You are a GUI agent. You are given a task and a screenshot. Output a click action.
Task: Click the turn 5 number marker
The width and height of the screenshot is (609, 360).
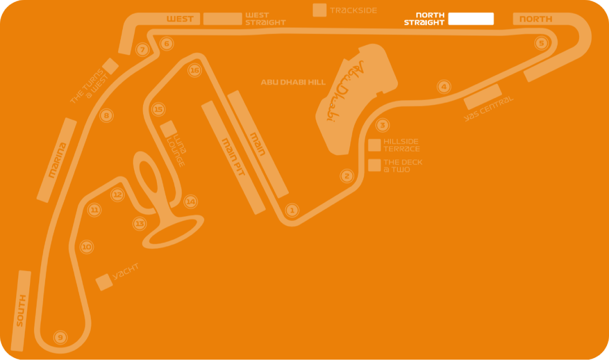pyautogui.click(x=542, y=44)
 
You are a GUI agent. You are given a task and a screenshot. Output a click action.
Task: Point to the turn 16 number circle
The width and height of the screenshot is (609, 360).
pyautogui.click(x=194, y=71)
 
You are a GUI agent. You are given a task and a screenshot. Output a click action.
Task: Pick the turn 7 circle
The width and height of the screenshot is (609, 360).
pyautogui.click(x=143, y=50)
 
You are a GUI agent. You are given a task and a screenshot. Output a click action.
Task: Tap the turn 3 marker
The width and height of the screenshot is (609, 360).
pyautogui.click(x=382, y=125)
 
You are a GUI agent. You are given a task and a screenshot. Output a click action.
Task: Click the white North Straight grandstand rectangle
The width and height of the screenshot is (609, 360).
pyautogui.click(x=471, y=19)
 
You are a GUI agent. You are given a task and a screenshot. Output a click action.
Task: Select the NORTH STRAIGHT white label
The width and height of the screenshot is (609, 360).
pyautogui.click(x=424, y=19)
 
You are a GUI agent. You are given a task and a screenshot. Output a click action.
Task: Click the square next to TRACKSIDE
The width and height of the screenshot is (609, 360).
pyautogui.click(x=320, y=10)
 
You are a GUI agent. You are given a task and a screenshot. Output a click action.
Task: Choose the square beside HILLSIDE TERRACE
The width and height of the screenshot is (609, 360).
pyautogui.click(x=375, y=145)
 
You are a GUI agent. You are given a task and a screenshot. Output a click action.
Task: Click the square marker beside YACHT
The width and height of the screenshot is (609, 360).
pyautogui.click(x=104, y=282)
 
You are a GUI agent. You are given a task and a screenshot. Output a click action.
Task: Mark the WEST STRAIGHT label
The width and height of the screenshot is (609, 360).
pyautogui.click(x=265, y=19)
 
